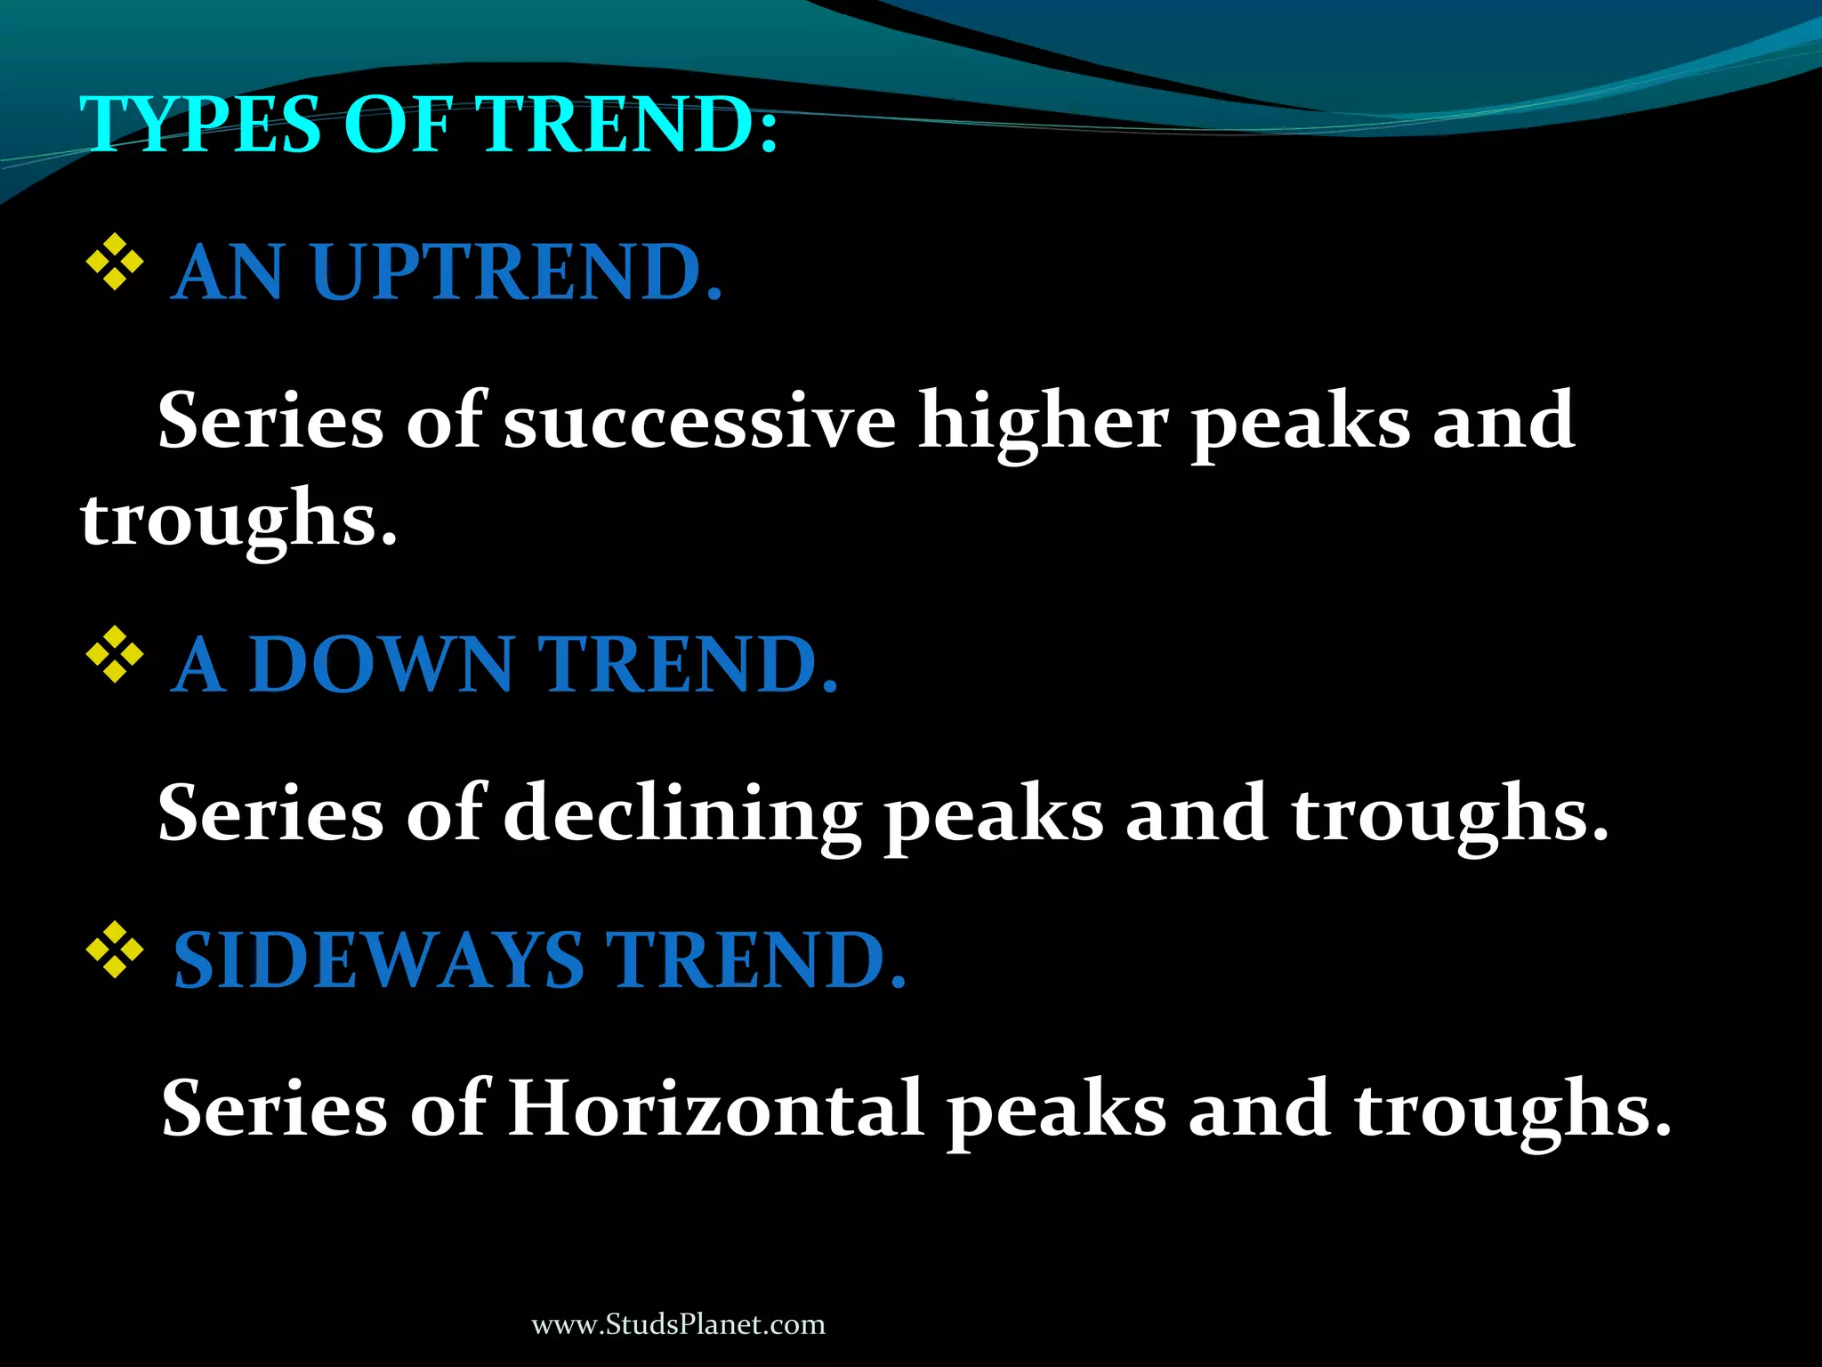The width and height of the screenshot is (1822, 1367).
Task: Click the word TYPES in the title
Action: pos(200,124)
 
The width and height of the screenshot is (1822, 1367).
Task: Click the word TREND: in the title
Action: pos(627,124)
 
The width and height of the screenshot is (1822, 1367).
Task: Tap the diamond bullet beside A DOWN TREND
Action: pos(115,655)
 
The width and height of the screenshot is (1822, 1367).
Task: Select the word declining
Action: pos(681,813)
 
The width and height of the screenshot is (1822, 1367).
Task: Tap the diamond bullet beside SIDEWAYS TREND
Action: pos(115,950)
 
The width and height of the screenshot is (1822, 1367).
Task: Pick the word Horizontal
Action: pos(715,1109)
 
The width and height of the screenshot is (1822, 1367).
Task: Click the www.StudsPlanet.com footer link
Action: pos(678,1324)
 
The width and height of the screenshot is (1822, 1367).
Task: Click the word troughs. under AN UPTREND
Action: pos(238,520)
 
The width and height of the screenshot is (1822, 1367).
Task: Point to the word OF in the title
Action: pos(397,124)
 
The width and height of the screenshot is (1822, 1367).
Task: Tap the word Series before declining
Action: pos(270,813)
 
